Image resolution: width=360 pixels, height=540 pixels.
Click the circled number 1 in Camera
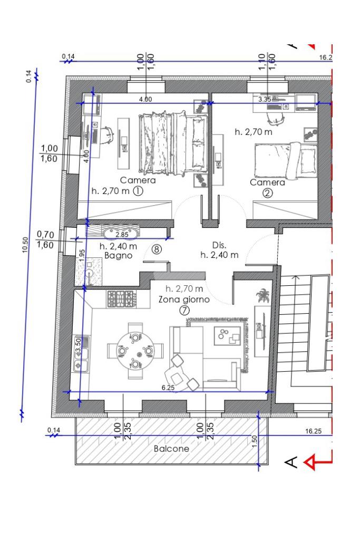(x=138, y=191)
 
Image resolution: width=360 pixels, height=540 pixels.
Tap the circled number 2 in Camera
(x=267, y=193)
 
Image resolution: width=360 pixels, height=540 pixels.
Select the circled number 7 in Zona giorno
(x=184, y=311)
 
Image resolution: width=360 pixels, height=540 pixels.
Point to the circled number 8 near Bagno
(x=157, y=249)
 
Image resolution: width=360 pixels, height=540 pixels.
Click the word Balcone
(x=171, y=449)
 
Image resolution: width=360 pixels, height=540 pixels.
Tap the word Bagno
(x=119, y=256)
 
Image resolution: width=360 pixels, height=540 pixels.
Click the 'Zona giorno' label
(x=184, y=300)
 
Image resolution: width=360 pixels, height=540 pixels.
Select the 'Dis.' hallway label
(x=219, y=245)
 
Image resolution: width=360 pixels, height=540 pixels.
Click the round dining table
(x=135, y=351)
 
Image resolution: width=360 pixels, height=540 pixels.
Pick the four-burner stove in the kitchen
(x=121, y=298)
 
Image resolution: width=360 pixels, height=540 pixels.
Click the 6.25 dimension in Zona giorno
(x=168, y=388)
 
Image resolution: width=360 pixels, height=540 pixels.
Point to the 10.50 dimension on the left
(x=25, y=245)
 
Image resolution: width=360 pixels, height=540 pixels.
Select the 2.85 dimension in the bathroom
(x=121, y=235)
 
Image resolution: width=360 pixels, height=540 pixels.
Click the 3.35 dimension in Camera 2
(x=265, y=100)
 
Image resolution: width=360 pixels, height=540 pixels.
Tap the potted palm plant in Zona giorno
(x=262, y=296)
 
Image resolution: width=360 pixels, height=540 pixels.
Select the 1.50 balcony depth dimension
(x=255, y=442)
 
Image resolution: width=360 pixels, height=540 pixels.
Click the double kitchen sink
(x=81, y=354)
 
